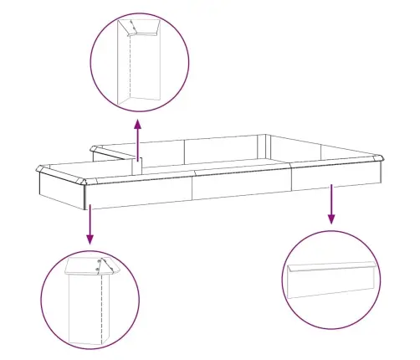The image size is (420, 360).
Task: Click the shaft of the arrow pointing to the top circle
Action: (x=138, y=142)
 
